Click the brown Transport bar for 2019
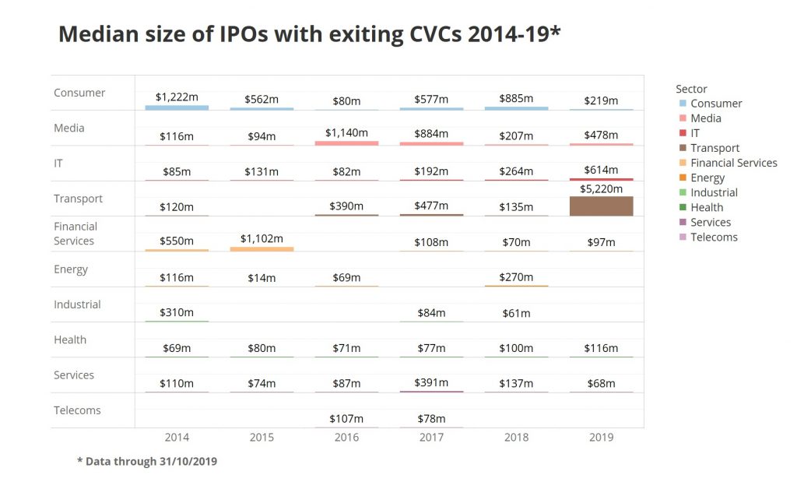pyautogui.click(x=601, y=206)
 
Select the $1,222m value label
pyautogui.click(x=177, y=97)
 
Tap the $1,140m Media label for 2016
pyautogui.click(x=346, y=133)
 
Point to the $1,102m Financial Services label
pyautogui.click(x=262, y=238)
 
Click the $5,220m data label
pyautogui.click(x=601, y=188)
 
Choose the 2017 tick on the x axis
pyautogui.click(x=431, y=437)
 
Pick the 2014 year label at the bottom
pyautogui.click(x=177, y=437)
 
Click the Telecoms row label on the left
pyautogui.click(x=77, y=410)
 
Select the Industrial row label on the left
pyautogui.click(x=77, y=304)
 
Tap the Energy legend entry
pyautogui.click(x=707, y=178)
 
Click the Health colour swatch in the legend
pyautogui.click(x=682, y=207)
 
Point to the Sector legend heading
pyautogui.click(x=691, y=89)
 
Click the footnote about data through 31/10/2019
pyautogui.click(x=147, y=461)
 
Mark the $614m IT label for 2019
pyautogui.click(x=601, y=170)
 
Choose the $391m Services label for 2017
pyautogui.click(x=431, y=382)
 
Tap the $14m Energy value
pyautogui.click(x=262, y=277)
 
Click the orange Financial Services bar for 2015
pyautogui.click(x=262, y=249)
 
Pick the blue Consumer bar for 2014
pyautogui.click(x=177, y=107)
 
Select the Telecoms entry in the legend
pyautogui.click(x=714, y=237)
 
